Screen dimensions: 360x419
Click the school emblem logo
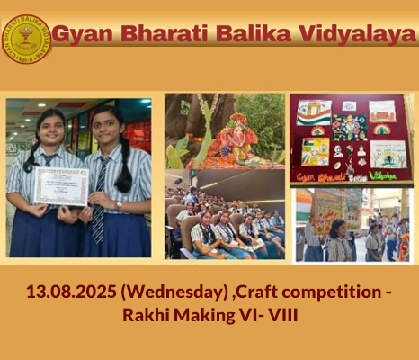click(26, 39)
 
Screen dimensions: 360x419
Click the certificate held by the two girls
click(61, 187)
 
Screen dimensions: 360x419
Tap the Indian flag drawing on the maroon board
click(314, 112)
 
